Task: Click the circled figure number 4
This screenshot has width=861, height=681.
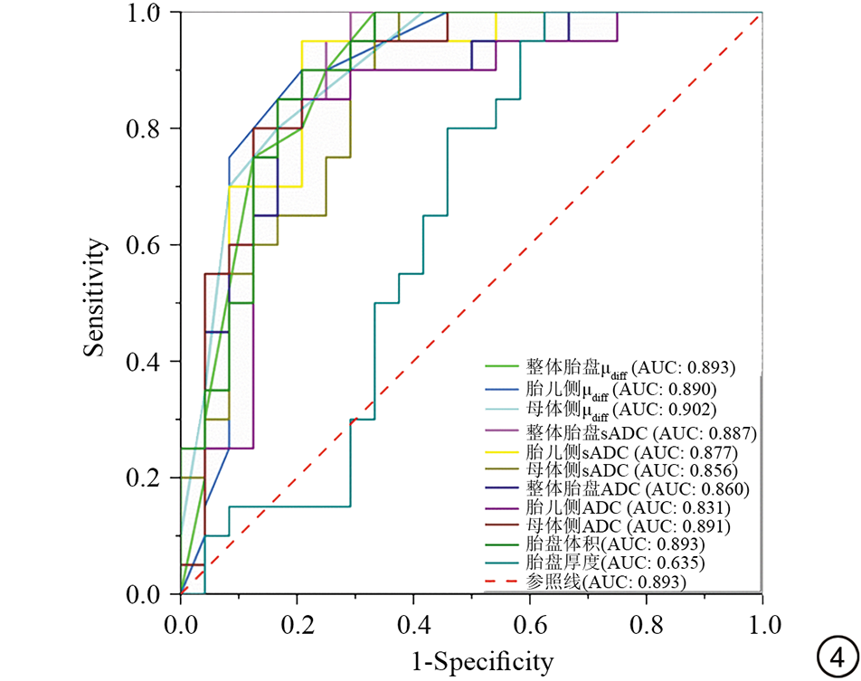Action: (837, 657)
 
